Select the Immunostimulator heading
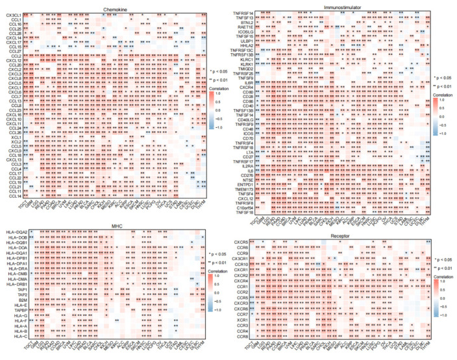pos(345,6)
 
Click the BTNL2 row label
pos(247,21)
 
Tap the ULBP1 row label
pos(247,40)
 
